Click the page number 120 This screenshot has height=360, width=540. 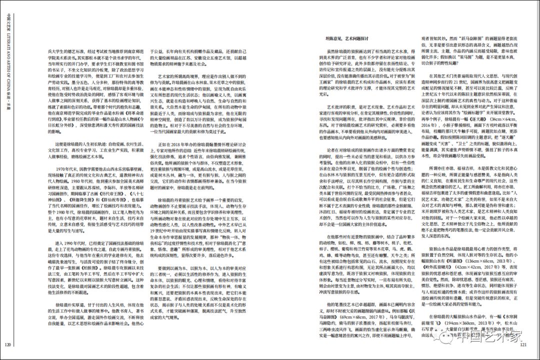8,343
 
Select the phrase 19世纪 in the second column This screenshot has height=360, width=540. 158,231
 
